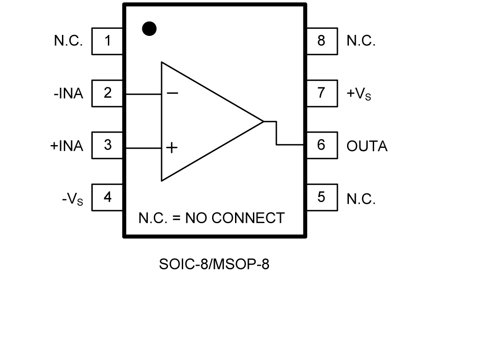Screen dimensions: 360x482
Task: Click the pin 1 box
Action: [107, 41]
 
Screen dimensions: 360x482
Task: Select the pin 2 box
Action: [107, 93]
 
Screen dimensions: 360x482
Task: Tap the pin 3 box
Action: [107, 146]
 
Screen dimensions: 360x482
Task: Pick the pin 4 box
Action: [107, 197]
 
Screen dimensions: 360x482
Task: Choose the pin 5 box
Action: [321, 197]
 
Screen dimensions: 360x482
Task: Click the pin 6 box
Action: [321, 145]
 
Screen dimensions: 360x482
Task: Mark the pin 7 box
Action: [321, 93]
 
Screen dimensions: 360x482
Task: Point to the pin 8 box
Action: [321, 41]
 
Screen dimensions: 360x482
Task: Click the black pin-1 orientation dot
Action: [149, 29]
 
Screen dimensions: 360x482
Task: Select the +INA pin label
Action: [67, 146]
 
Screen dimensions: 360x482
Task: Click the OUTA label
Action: [367, 146]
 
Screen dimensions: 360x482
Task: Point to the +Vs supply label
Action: [359, 94]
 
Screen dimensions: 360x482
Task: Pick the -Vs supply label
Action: [73, 199]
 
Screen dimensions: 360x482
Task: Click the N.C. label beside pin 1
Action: [68, 41]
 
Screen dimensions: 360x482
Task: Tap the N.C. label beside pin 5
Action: [361, 199]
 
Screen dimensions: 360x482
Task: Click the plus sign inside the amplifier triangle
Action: [172, 147]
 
